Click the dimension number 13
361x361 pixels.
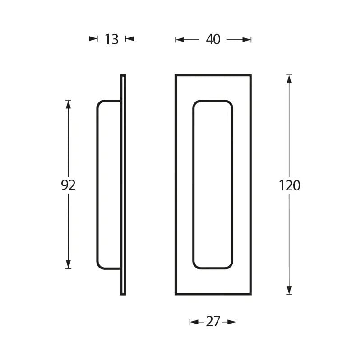click(x=111, y=39)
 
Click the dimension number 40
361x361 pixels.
click(x=213, y=40)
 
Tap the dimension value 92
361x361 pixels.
click(x=68, y=185)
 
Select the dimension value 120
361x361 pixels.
click(x=289, y=185)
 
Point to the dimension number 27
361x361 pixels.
click(x=213, y=322)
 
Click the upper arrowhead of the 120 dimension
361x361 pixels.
click(x=289, y=79)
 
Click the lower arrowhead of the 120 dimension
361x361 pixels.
click(x=289, y=290)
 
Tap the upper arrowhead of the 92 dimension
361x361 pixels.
click(x=69, y=104)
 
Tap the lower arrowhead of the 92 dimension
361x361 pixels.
click(x=69, y=264)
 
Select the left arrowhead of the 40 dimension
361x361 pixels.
click(x=180, y=40)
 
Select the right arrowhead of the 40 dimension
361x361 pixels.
click(x=247, y=40)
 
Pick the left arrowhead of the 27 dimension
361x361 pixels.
click(x=194, y=322)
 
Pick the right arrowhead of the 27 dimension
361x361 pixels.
click(x=232, y=322)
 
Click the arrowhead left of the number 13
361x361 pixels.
click(x=93, y=39)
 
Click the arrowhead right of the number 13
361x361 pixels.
click(x=130, y=39)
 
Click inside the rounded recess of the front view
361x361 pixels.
click(x=213, y=185)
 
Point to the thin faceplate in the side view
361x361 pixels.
click(x=123, y=185)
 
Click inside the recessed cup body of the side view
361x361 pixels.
click(x=109, y=185)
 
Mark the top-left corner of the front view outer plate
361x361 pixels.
click(x=176, y=75)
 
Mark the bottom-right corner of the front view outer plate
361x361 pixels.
click(x=250, y=294)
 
